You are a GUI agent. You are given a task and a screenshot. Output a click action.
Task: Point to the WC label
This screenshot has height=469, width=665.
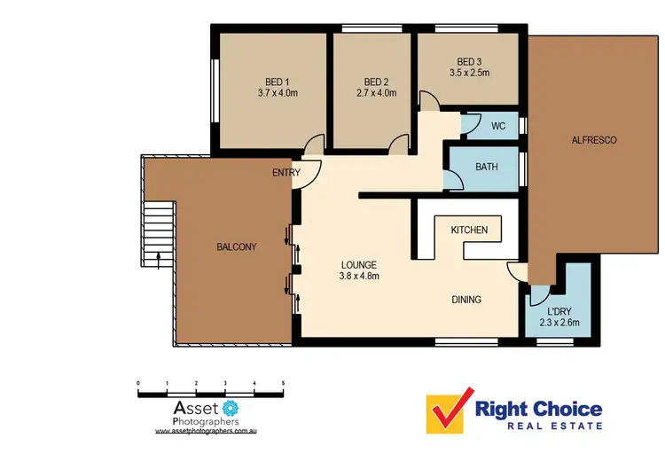click(498, 126)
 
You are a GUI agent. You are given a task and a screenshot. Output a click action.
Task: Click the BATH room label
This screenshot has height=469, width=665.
click(487, 167)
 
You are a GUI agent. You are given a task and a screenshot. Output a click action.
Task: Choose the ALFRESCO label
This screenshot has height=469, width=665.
click(593, 140)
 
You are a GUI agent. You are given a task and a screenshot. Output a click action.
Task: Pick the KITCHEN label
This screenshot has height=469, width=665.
click(469, 231)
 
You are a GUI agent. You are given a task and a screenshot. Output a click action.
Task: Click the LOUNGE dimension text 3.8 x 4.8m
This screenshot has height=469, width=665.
click(358, 277)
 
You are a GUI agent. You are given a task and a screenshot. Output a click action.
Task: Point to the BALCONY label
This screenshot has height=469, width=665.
click(237, 247)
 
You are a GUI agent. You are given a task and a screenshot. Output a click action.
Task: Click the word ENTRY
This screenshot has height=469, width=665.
click(286, 173)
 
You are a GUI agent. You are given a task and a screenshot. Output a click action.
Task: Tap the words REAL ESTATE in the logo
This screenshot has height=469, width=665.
click(539, 426)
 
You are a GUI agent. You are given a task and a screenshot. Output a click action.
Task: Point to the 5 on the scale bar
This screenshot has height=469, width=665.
click(283, 384)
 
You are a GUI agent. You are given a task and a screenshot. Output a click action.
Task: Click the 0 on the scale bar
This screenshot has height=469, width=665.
click(138, 384)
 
